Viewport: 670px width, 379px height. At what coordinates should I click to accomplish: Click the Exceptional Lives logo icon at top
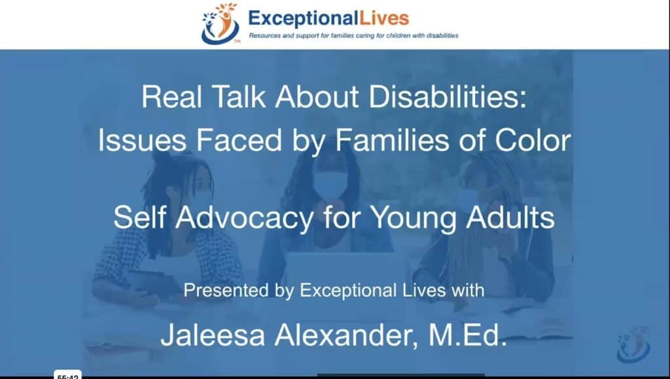pyautogui.click(x=220, y=24)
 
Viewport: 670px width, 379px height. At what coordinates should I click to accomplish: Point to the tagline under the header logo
pyautogui.click(x=353, y=35)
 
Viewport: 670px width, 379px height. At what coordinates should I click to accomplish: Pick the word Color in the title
pyautogui.click(x=533, y=141)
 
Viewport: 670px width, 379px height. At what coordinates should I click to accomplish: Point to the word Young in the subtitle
pyautogui.click(x=410, y=218)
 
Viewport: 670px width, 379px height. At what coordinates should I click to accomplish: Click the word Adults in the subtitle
pyautogui.click(x=514, y=218)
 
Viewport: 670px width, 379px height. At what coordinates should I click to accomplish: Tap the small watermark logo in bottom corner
pyautogui.click(x=633, y=344)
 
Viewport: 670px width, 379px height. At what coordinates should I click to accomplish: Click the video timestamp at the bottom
pyautogui.click(x=68, y=376)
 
